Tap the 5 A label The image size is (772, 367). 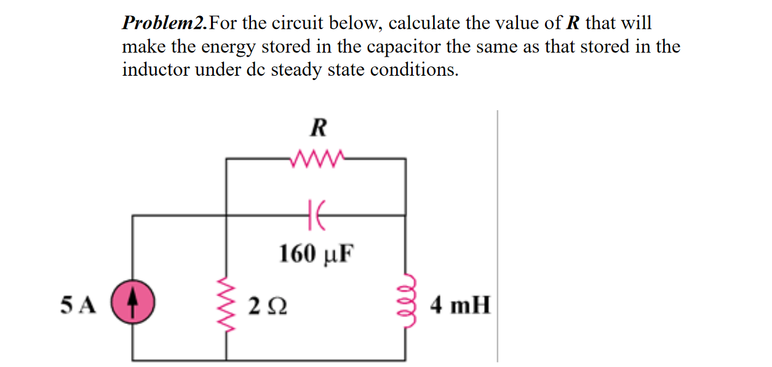[x=79, y=305]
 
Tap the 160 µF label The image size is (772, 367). [x=317, y=252]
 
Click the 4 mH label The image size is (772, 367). [x=461, y=305]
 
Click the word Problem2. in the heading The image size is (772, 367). [x=165, y=24]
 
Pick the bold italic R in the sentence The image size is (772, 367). [x=572, y=24]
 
